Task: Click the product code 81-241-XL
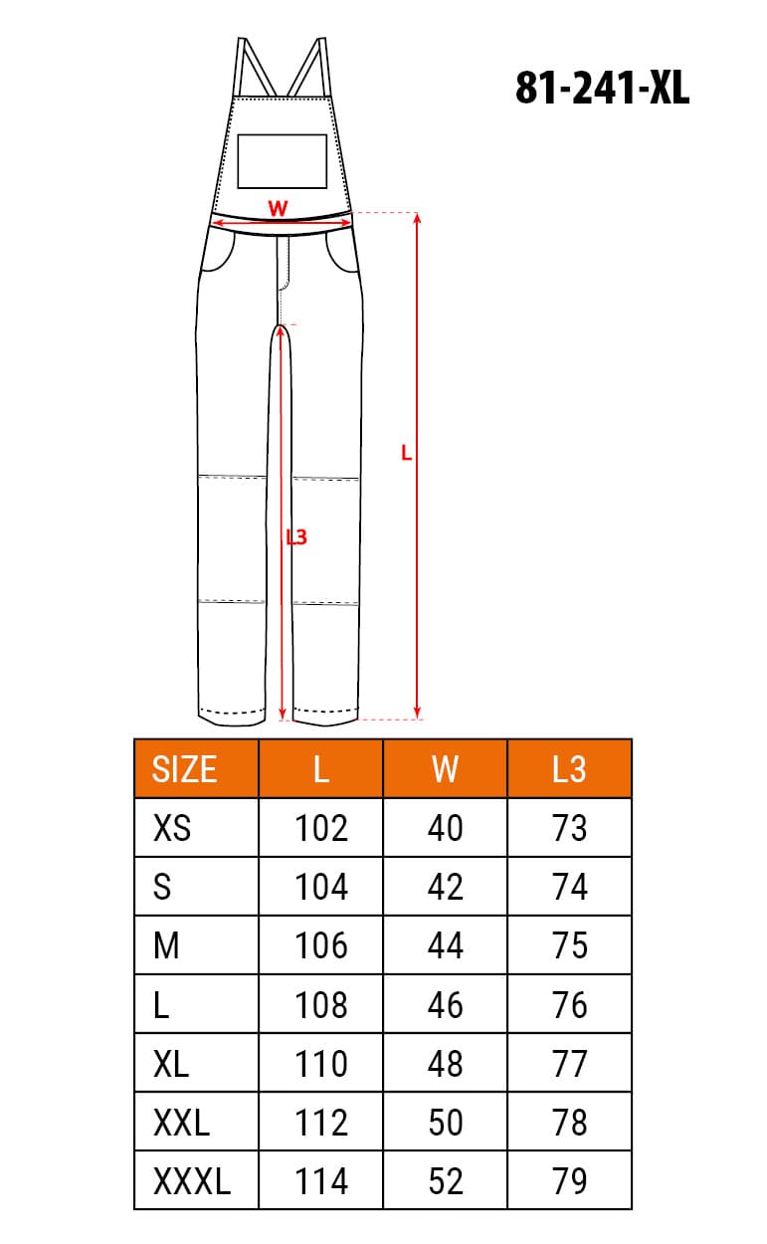(602, 89)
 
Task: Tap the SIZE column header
(184, 768)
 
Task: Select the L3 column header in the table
(569, 768)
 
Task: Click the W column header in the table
(445, 768)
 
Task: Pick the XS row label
(172, 828)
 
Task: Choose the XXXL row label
(192, 1181)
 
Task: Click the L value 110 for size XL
(321, 1064)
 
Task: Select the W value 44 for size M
(445, 945)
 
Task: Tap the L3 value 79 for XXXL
(569, 1181)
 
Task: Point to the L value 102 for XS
(321, 828)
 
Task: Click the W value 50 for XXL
(445, 1123)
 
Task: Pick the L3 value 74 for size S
(569, 887)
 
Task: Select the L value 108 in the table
(321, 1005)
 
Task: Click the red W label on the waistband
(279, 208)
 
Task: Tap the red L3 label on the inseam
(296, 537)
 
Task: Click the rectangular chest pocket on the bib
(283, 161)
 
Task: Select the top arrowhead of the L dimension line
(418, 218)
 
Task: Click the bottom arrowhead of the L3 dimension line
(283, 713)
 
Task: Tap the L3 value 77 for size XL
(569, 1064)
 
